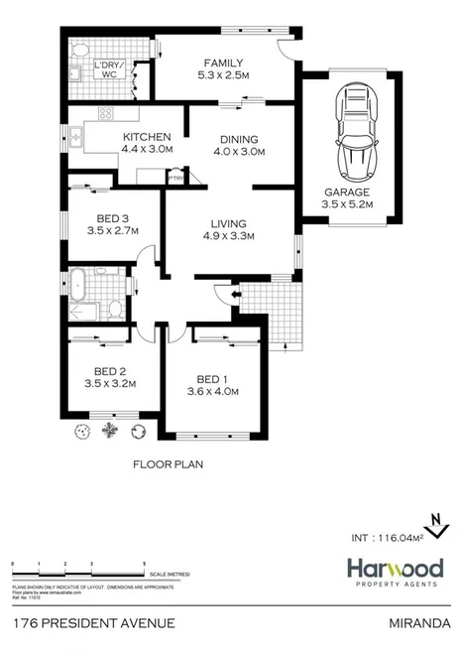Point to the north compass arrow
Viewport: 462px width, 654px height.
(432, 522)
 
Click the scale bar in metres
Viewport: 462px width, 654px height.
(79, 569)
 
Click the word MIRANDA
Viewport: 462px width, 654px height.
(420, 622)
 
